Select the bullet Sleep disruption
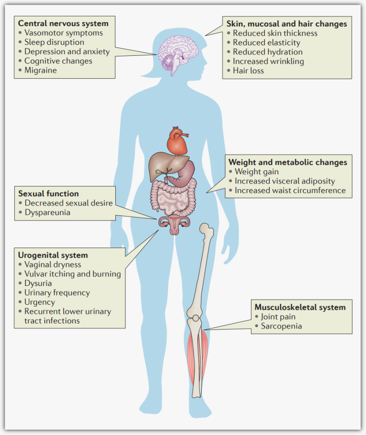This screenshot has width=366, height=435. (x=54, y=42)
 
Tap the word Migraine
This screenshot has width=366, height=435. (x=41, y=70)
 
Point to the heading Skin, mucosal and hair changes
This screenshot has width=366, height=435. (x=287, y=23)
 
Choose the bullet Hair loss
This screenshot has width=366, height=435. (x=248, y=70)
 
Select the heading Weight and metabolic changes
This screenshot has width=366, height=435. (x=287, y=162)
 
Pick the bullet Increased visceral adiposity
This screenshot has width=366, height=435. (x=285, y=181)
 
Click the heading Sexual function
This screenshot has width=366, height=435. (x=48, y=193)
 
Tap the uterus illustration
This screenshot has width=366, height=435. (x=174, y=225)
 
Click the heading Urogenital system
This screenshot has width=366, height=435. (x=53, y=255)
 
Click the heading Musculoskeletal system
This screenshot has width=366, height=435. (x=300, y=307)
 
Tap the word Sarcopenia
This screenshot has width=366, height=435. (x=281, y=326)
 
